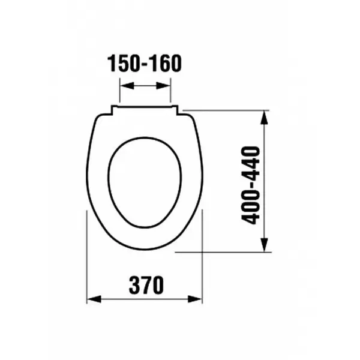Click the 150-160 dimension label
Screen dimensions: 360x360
[145, 64]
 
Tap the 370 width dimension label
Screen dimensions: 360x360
[146, 285]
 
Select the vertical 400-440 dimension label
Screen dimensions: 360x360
[250, 185]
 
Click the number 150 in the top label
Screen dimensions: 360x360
[124, 64]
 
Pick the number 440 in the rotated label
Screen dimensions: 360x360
[250, 163]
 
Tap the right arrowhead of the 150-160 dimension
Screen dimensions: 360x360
[163, 86]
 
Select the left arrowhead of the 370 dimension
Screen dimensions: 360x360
[94, 299]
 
